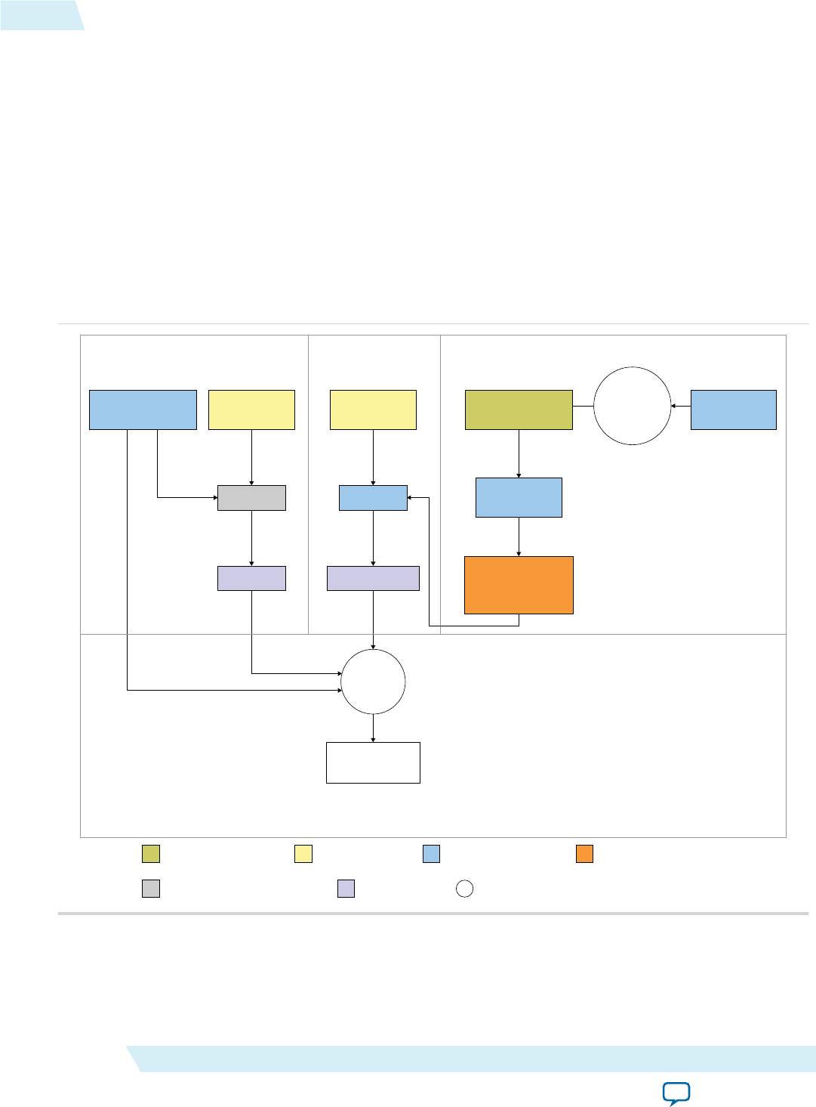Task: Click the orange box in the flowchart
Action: pos(519,585)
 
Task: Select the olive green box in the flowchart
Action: pos(519,410)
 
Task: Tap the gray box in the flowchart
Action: pos(251,498)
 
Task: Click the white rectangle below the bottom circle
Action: pos(373,762)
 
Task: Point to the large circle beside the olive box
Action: pos(632,406)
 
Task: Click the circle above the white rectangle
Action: pos(373,682)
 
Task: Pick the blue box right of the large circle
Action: pos(733,410)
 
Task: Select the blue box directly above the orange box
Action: pos(519,497)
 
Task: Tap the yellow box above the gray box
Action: pos(251,410)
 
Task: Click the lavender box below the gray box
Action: pos(251,578)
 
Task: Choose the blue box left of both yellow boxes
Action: pos(143,410)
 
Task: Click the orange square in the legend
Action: pos(584,854)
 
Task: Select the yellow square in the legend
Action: pos(303,854)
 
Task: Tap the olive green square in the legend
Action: pos(151,854)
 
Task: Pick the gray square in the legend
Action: pos(151,889)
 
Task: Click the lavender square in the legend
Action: pos(346,889)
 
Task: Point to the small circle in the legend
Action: pos(465,889)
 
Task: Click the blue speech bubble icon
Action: pos(676,1093)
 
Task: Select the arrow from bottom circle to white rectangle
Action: pos(373,728)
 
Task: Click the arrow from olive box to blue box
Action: pos(519,453)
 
